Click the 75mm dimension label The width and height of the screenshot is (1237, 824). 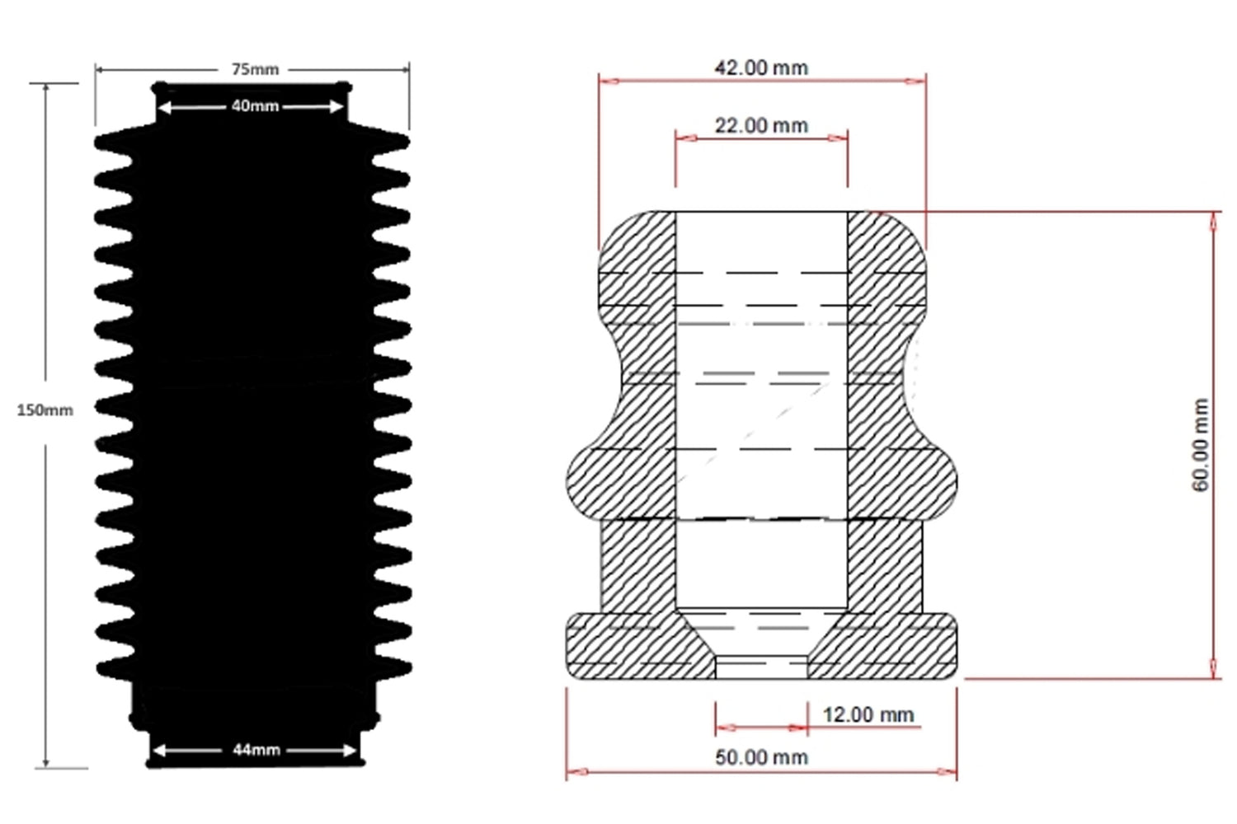(x=255, y=69)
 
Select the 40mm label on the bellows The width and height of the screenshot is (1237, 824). (x=255, y=106)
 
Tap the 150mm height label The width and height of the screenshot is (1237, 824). (x=45, y=410)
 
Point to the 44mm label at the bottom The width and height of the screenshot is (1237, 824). (x=256, y=750)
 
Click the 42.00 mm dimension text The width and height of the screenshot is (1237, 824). (x=761, y=68)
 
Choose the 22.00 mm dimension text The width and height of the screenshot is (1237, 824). (x=761, y=126)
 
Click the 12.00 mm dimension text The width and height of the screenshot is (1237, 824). (x=868, y=714)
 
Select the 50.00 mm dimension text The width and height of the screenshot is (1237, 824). (x=761, y=757)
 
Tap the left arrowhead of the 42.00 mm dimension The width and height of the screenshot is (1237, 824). (x=609, y=81)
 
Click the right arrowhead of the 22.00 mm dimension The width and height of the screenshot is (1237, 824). (x=838, y=138)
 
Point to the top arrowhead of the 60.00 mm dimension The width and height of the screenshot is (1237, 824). (x=1213, y=221)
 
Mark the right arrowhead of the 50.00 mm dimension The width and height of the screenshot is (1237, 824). (x=947, y=772)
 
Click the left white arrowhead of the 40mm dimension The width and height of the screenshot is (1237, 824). (x=163, y=107)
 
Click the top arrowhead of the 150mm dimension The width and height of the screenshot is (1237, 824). (x=46, y=90)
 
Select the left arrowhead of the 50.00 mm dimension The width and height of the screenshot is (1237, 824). (x=576, y=772)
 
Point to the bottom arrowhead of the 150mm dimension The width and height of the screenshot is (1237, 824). (x=46, y=761)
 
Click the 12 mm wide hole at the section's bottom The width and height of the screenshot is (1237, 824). (x=761, y=667)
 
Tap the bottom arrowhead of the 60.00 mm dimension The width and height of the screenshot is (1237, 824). (x=1213, y=669)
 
